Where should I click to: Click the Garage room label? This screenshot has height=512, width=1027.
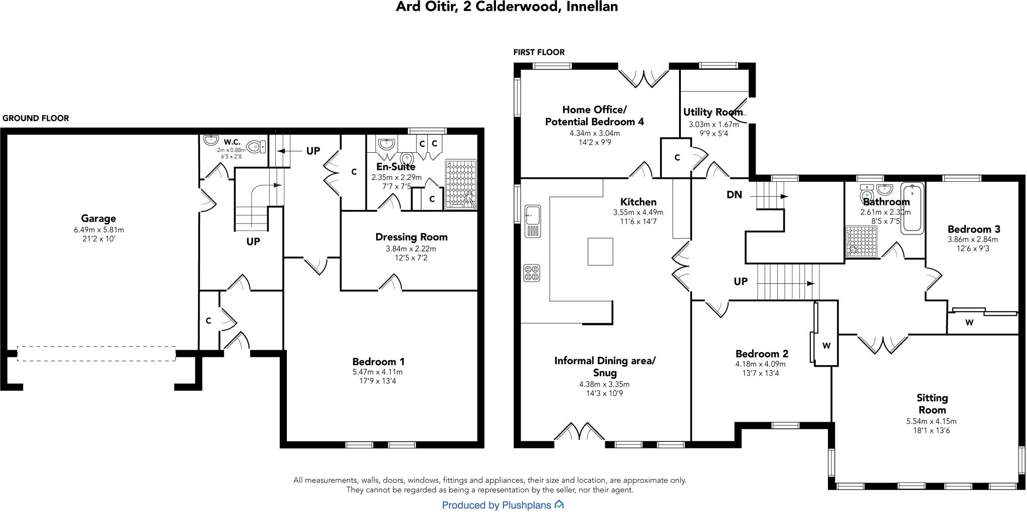click(x=98, y=218)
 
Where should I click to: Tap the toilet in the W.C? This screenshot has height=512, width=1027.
click(x=256, y=146)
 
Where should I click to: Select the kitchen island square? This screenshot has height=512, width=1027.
click(x=600, y=251)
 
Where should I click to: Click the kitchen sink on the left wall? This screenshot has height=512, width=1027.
click(x=533, y=220)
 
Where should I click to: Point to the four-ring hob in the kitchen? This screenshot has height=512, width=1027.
click(x=532, y=273)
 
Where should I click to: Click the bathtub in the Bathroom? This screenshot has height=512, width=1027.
click(x=912, y=208)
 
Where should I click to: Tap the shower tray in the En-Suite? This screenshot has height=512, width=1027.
click(x=461, y=184)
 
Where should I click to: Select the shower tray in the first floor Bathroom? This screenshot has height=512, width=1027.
click(x=862, y=241)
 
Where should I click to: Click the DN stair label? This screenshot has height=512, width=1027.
click(x=734, y=195)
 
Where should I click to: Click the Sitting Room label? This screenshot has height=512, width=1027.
click(x=932, y=404)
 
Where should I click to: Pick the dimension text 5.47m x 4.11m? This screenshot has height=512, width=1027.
click(x=378, y=372)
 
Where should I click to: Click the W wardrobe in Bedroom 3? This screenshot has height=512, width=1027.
click(x=969, y=323)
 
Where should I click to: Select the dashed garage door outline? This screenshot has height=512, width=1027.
click(x=96, y=353)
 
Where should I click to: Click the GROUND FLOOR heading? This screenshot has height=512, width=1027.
click(x=36, y=118)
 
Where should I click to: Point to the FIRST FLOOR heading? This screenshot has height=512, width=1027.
click(x=539, y=52)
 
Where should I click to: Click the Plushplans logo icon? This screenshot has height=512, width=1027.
click(x=559, y=504)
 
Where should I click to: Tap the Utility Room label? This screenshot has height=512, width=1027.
click(x=713, y=112)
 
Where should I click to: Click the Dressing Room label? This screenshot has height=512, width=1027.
click(x=411, y=237)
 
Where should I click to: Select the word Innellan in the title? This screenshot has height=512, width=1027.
click(x=592, y=7)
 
